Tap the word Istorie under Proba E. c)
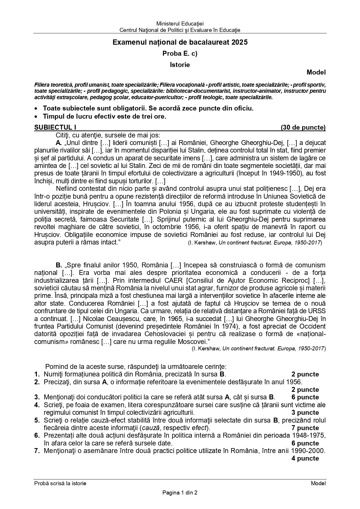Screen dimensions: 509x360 pyautogui.click(x=180, y=65)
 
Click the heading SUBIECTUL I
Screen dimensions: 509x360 pyautogui.click(x=55, y=127)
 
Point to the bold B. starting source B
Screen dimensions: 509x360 pyautogui.click(x=59, y=265)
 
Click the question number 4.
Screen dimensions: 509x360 pyautogui.click(x=37, y=405)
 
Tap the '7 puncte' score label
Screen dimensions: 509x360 pyautogui.click(x=305, y=428)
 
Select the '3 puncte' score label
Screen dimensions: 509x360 pyautogui.click(x=305, y=413)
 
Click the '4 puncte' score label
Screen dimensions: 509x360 pyautogui.click(x=305, y=459)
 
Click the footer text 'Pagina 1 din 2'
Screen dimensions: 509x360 pyautogui.click(x=180, y=492)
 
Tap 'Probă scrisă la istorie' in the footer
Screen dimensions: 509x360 pyautogui.click(x=60, y=483)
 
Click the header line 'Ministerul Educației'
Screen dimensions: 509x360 pyautogui.click(x=180, y=23)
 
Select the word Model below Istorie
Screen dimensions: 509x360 pyautogui.click(x=316, y=73)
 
